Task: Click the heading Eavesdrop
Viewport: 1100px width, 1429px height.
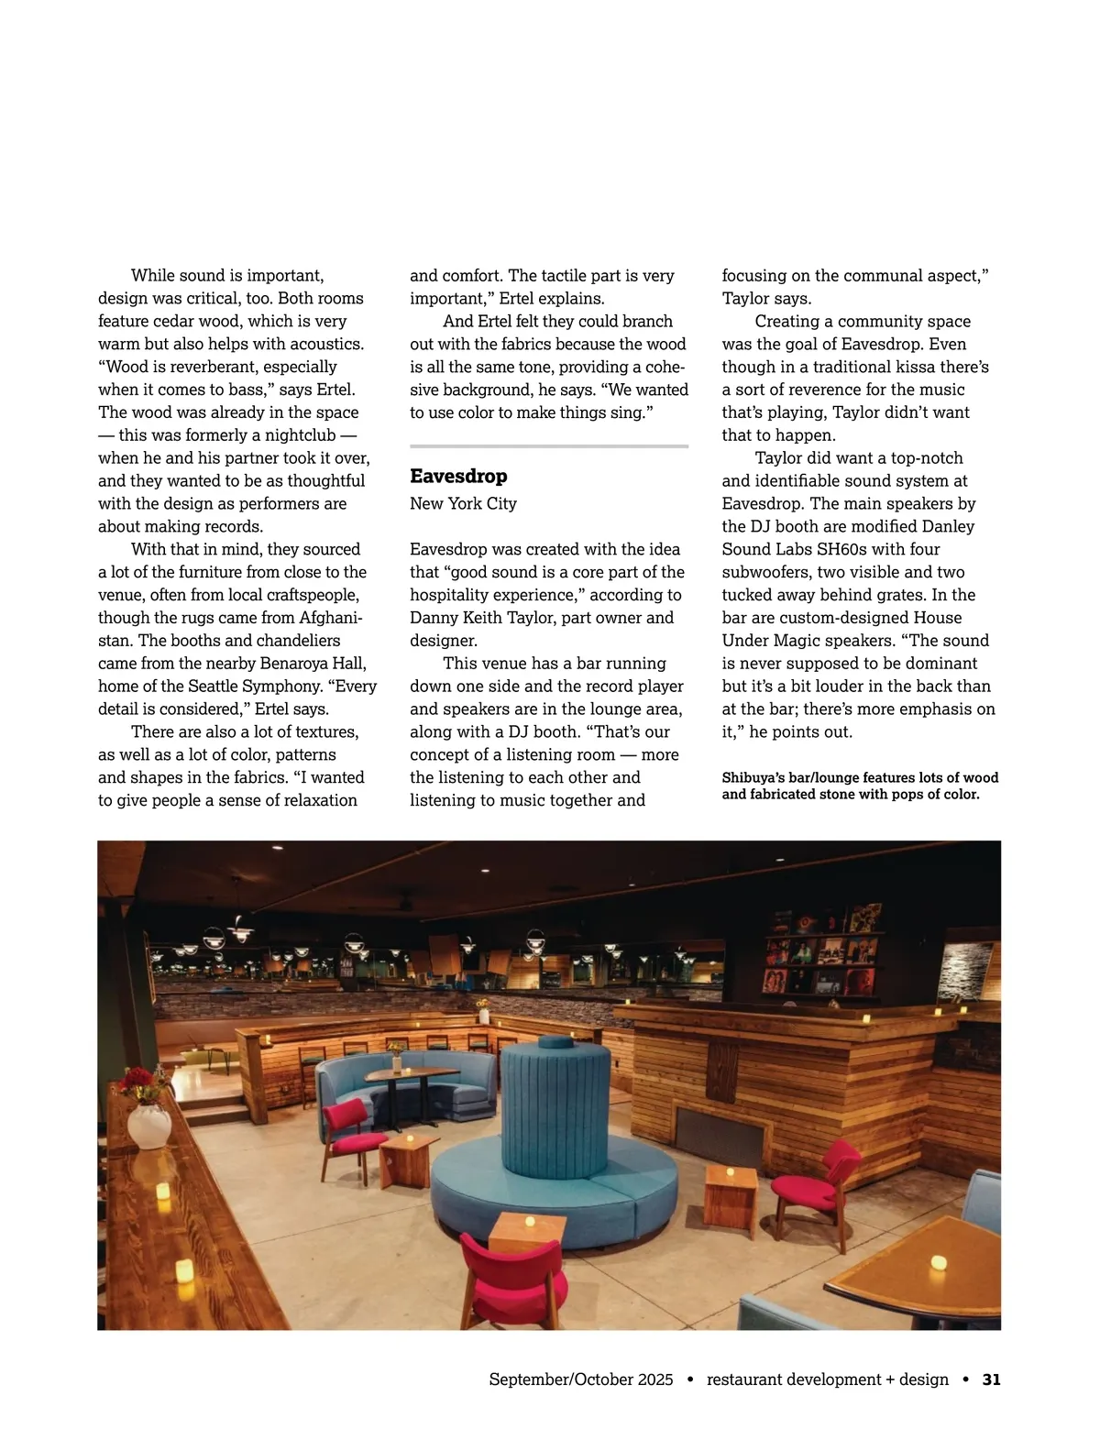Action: (458, 477)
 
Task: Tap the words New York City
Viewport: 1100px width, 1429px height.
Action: (463, 503)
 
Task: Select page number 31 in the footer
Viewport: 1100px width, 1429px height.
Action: (991, 1379)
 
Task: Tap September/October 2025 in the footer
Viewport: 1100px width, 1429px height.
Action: (581, 1379)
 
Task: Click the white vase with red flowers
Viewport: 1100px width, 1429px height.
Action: (148, 1123)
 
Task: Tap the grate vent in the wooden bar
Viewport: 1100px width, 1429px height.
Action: (720, 1136)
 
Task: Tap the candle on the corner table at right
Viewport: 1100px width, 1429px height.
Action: (938, 1262)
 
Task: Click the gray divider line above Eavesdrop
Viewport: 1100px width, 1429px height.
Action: (548, 446)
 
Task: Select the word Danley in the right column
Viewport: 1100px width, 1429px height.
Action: (949, 526)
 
